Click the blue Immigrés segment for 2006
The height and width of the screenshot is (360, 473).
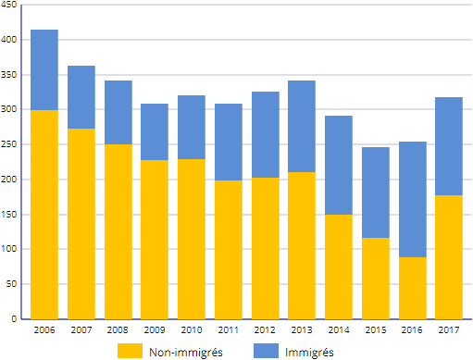point(44,69)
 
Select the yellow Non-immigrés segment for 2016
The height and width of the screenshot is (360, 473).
point(413,288)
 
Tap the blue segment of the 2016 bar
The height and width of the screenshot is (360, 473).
point(413,200)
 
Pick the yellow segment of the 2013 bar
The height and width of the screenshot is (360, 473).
point(302,245)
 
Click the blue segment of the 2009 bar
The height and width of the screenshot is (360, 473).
point(155,131)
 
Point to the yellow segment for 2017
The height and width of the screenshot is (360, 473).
point(449,257)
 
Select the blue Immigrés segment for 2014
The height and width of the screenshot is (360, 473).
point(339,165)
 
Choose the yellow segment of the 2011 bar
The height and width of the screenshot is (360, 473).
point(229,250)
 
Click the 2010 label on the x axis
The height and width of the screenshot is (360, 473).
point(192,330)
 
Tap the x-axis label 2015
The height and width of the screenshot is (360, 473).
point(376,330)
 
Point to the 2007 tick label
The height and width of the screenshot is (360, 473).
point(81,330)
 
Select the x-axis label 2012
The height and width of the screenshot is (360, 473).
point(265,330)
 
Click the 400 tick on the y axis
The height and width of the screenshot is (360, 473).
point(8,40)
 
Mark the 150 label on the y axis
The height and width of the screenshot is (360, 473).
point(8,215)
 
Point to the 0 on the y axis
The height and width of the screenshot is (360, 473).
point(14,318)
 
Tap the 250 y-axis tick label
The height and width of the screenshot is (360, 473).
point(8,144)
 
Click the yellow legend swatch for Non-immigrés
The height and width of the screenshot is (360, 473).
point(130,351)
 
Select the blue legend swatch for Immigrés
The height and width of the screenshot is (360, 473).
point(266,351)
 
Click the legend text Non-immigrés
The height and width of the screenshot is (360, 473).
point(186,353)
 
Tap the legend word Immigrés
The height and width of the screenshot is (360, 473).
point(309,353)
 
